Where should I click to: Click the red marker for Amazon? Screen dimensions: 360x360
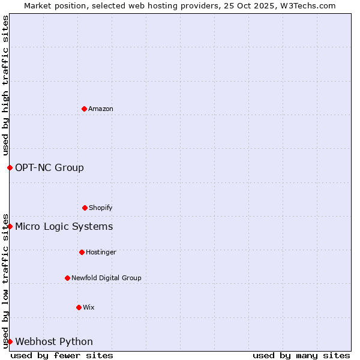84,109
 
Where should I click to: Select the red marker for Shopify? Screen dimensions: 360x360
85,208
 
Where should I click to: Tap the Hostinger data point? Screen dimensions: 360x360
82,252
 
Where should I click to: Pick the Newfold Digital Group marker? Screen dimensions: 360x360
67,278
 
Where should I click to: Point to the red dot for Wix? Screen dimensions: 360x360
79,307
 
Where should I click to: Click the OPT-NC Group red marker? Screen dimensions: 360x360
10,167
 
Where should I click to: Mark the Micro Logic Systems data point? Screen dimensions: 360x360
10,226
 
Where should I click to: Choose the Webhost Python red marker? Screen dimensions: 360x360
10,341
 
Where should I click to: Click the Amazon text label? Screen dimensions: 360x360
101,109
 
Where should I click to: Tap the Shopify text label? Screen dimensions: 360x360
101,208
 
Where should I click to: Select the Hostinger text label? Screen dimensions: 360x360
101,252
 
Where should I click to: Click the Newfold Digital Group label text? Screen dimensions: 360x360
106,278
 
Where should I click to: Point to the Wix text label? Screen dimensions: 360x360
89,307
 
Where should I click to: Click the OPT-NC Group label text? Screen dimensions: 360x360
49,167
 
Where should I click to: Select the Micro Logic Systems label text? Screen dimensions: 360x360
64,226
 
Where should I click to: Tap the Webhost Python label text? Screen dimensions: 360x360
54,341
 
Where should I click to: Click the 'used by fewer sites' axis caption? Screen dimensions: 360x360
62,355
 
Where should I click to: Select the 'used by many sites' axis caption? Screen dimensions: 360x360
301,355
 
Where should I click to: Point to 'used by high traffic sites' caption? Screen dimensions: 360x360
5,85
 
